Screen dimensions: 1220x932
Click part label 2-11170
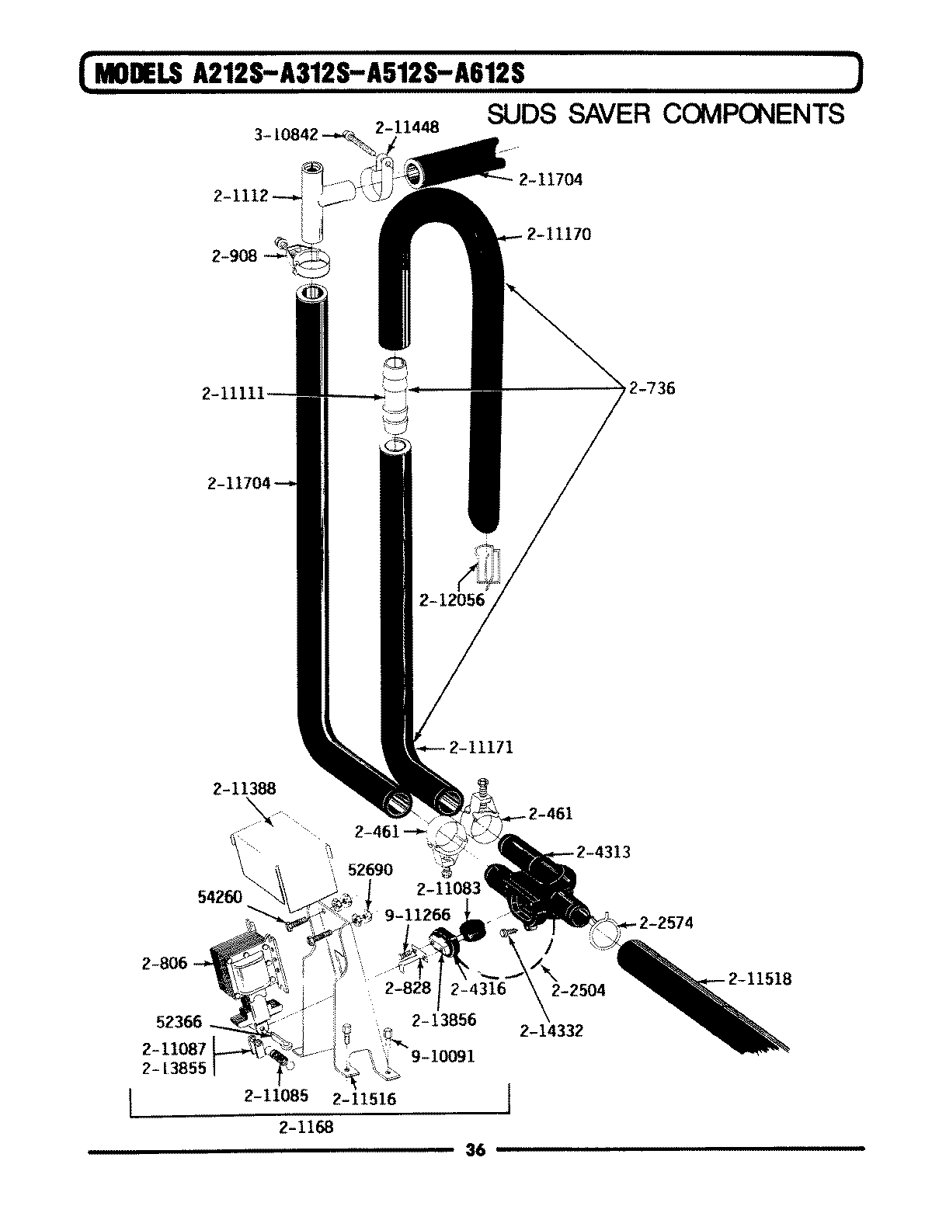pos(558,233)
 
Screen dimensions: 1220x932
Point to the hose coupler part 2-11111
pos(395,397)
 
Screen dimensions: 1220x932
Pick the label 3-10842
pos(286,134)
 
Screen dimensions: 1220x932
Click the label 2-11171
pos(481,748)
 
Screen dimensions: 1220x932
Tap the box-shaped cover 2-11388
pos(280,862)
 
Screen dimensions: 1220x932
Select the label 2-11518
pos(760,978)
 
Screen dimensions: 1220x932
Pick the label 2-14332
pos(551,1031)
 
